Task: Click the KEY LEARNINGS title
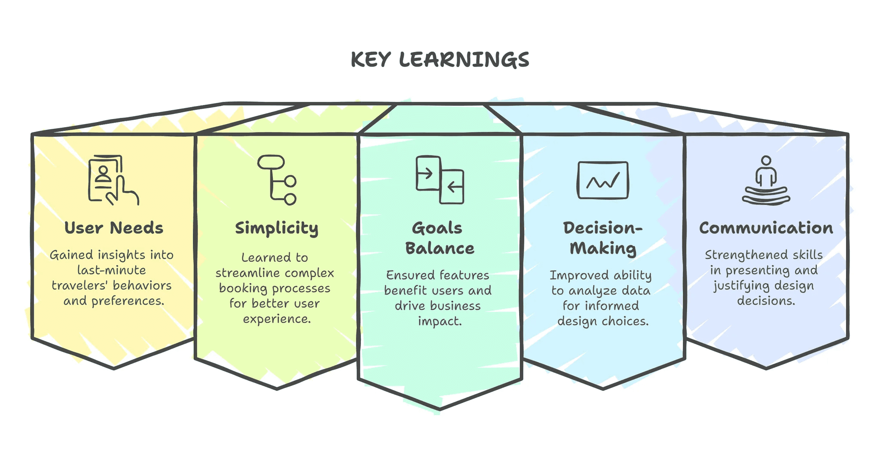[440, 60]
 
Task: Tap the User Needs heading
[114, 228]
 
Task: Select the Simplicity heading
[277, 228]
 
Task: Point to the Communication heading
[766, 228]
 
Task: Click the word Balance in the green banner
[440, 248]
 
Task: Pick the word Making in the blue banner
[603, 248]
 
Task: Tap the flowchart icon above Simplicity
[277, 180]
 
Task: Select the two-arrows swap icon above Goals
[440, 180]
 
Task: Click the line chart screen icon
[603, 180]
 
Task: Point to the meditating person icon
[766, 180]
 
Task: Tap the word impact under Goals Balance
[440, 321]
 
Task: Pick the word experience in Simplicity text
[276, 319]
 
